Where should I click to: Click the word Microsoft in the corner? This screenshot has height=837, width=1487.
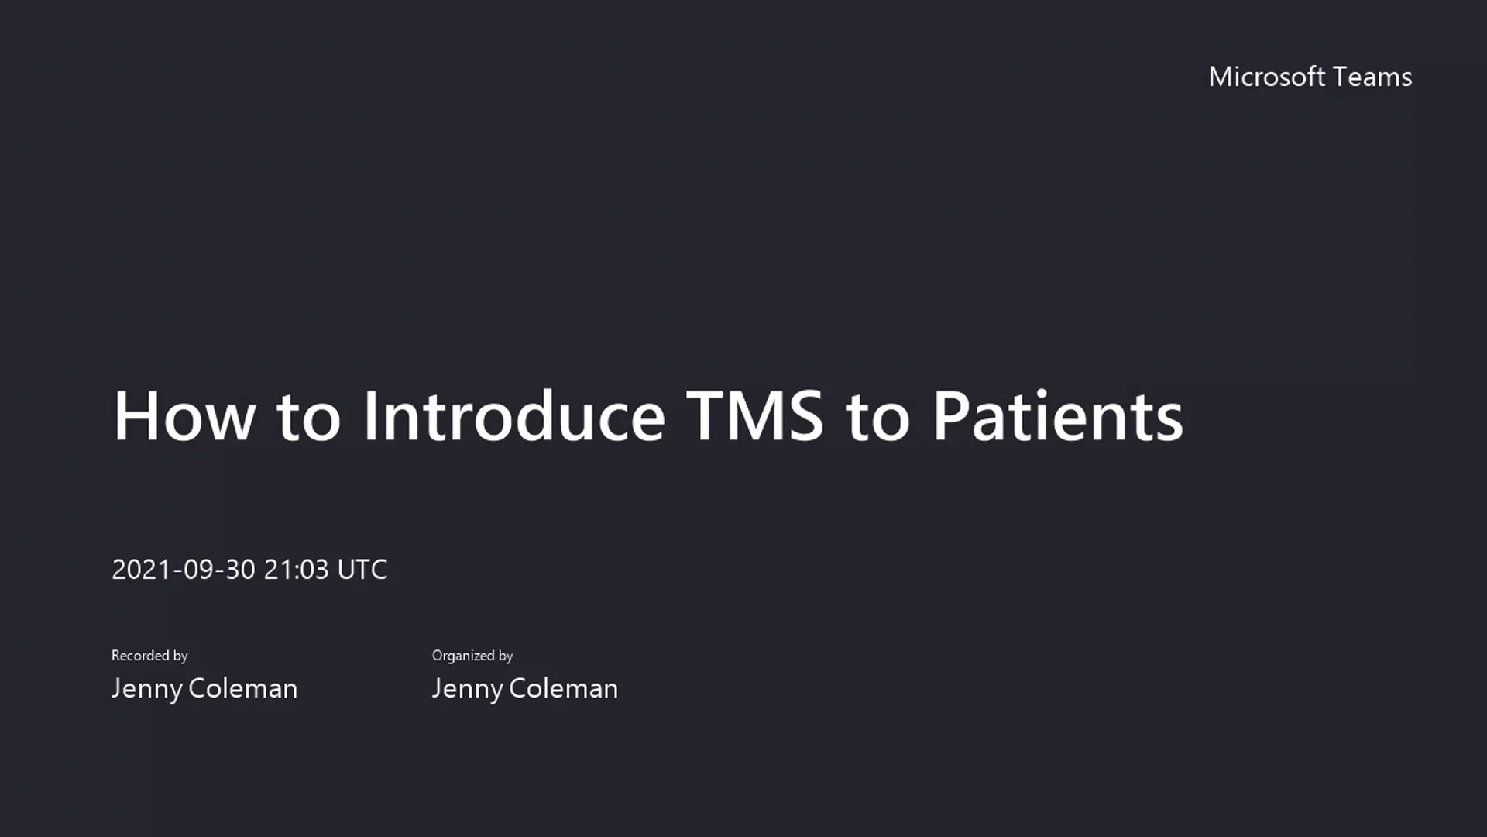point(1266,77)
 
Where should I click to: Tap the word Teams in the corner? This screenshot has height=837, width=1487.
point(1373,77)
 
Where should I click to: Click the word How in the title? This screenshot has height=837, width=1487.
point(184,416)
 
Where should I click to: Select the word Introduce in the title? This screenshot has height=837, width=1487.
point(513,416)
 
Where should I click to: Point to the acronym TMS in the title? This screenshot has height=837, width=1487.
point(755,416)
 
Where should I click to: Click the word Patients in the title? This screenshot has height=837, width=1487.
point(1057,416)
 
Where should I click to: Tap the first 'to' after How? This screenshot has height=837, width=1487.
point(308,418)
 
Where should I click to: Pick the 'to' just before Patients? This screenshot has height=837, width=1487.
point(877,418)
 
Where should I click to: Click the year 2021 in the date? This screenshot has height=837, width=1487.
point(142,570)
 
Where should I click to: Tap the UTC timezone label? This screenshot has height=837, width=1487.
point(362,570)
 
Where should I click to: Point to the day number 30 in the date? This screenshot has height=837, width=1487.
point(240,570)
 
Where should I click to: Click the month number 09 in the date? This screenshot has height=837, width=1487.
point(198,570)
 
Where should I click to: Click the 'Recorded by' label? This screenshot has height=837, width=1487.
point(149,656)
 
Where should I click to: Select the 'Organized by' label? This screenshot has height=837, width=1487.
point(472,656)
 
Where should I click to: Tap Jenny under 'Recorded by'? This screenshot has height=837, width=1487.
point(146,689)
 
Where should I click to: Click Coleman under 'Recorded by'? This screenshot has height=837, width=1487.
point(242,688)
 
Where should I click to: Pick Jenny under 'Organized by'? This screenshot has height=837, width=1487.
point(467,689)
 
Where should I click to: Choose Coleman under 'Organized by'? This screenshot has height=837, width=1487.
point(563,688)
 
